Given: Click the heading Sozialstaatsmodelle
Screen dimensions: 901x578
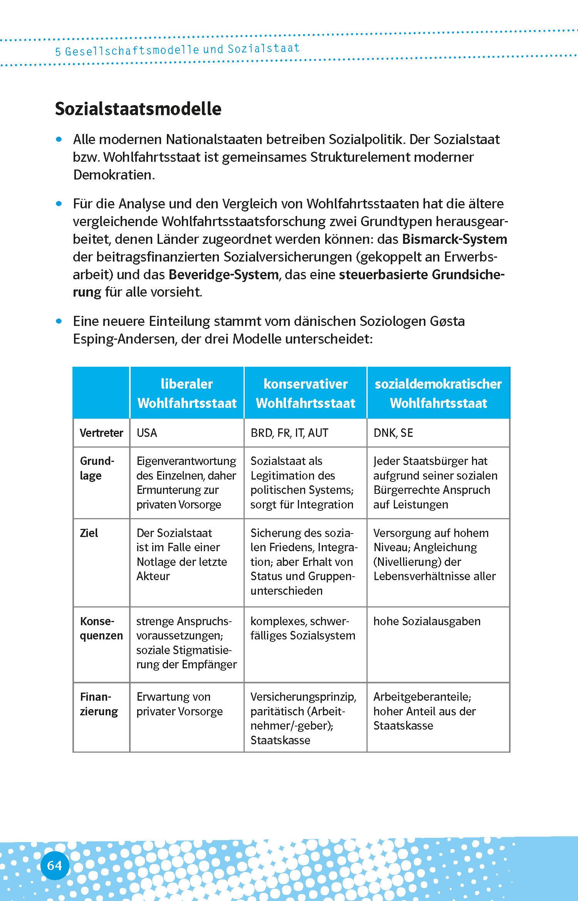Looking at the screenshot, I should (x=138, y=109).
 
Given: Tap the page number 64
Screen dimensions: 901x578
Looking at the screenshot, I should (x=54, y=855).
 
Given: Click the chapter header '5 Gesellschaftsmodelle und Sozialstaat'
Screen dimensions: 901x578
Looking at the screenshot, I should (x=177, y=50).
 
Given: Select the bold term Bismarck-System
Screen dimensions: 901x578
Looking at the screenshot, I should (x=454, y=239).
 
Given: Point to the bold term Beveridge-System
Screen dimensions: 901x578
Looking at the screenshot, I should (x=223, y=275).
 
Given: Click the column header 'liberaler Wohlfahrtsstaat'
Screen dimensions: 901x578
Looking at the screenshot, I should (x=187, y=393).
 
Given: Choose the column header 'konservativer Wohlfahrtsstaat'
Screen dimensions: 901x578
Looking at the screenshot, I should (x=305, y=393).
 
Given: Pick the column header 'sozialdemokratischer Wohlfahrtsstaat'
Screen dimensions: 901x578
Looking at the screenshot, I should (x=438, y=393).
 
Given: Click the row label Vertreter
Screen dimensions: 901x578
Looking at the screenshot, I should (x=101, y=433).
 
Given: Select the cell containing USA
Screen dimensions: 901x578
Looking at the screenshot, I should (x=147, y=433).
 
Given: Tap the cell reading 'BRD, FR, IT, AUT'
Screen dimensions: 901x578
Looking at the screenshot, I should (x=289, y=433).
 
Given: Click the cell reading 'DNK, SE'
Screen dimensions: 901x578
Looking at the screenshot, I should (x=393, y=433).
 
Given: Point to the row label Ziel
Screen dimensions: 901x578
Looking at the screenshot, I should (x=89, y=533).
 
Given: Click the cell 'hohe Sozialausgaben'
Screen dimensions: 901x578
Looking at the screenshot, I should (x=427, y=621).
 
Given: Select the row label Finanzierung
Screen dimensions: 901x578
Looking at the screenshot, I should (x=99, y=704).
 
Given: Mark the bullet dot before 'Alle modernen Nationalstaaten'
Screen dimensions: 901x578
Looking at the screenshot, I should (x=59, y=139).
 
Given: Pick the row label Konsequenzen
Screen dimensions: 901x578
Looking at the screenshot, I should (x=101, y=628).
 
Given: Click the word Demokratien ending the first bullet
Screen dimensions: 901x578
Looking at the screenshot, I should (x=114, y=175).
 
